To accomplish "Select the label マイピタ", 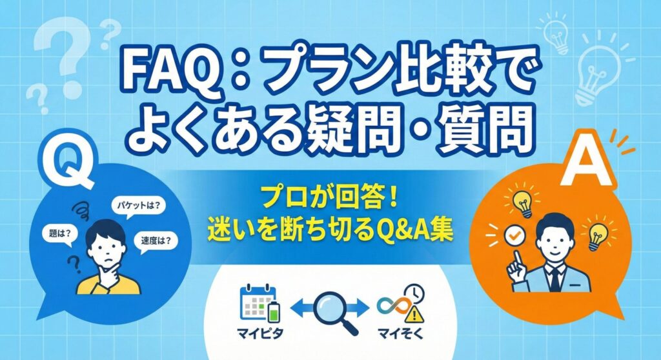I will point(256,335).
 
